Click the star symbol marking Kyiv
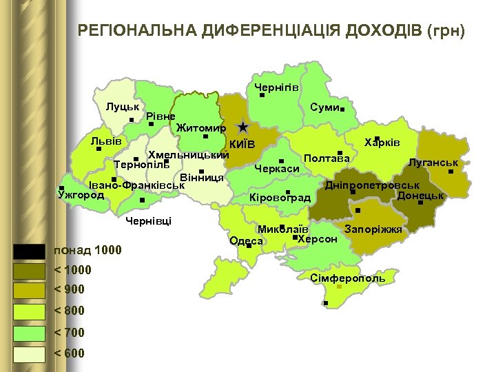[242, 127]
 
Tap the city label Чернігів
[276, 87]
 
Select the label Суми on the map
[324, 107]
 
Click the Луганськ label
[433, 163]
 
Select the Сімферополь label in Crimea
[347, 278]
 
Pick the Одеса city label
[246, 240]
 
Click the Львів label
[106, 141]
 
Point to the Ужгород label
[81, 195]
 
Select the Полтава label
[327, 158]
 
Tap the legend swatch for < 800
[28, 312]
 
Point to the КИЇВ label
[242, 145]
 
